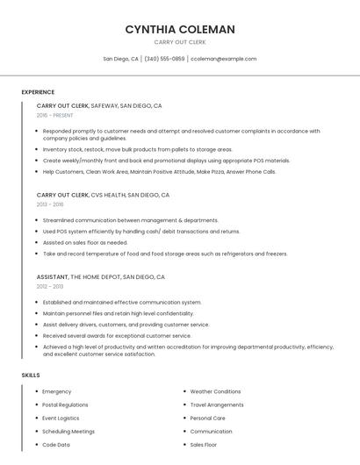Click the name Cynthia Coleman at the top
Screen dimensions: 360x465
[x=180, y=29]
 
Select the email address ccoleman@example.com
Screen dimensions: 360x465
[x=224, y=59]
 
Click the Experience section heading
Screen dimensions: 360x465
[x=38, y=92]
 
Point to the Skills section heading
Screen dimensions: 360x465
[x=31, y=376]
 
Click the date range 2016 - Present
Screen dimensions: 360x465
[x=54, y=115]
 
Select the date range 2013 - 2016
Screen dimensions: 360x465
[x=51, y=204]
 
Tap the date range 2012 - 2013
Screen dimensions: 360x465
[x=50, y=286]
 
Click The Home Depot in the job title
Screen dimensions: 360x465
[x=96, y=276]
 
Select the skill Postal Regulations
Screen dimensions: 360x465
[x=65, y=404]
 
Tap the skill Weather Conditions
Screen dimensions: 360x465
[x=215, y=391]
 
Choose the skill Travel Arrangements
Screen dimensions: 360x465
[x=217, y=404]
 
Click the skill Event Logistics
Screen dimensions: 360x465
[x=61, y=418]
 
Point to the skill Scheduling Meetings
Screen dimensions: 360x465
[x=68, y=432]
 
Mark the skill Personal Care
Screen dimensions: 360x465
[x=207, y=418]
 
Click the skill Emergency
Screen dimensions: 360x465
[x=56, y=391]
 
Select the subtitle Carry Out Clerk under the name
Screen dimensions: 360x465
[x=180, y=42]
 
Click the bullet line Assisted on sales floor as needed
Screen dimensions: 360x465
[x=85, y=242]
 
